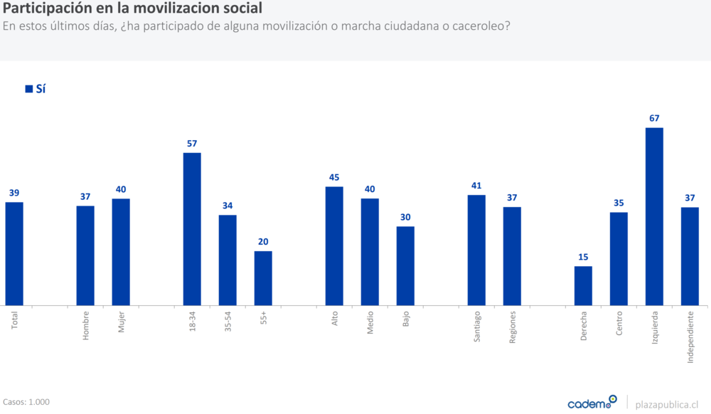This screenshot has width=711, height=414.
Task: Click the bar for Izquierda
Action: click(654, 216)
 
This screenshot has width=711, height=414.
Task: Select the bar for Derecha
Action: click(583, 286)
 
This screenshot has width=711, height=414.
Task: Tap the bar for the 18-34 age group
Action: click(192, 229)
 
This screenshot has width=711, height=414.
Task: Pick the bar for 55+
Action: click(263, 278)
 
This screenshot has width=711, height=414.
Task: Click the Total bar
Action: click(14, 254)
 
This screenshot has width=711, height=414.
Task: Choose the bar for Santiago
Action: click(476, 250)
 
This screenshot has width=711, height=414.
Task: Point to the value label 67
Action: click(654, 118)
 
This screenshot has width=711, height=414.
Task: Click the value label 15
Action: click(583, 257)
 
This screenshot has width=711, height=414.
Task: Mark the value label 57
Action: click(192, 143)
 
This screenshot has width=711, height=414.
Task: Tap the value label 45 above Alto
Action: click(334, 177)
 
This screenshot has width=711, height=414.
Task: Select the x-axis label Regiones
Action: click(513, 328)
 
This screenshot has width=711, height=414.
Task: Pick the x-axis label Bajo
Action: click(406, 319)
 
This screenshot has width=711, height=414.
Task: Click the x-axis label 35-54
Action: click(228, 324)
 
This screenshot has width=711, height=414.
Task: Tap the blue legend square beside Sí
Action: click(29, 89)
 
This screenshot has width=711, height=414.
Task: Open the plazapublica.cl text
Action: click(666, 403)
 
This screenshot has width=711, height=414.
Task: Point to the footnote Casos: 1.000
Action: click(26, 402)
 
